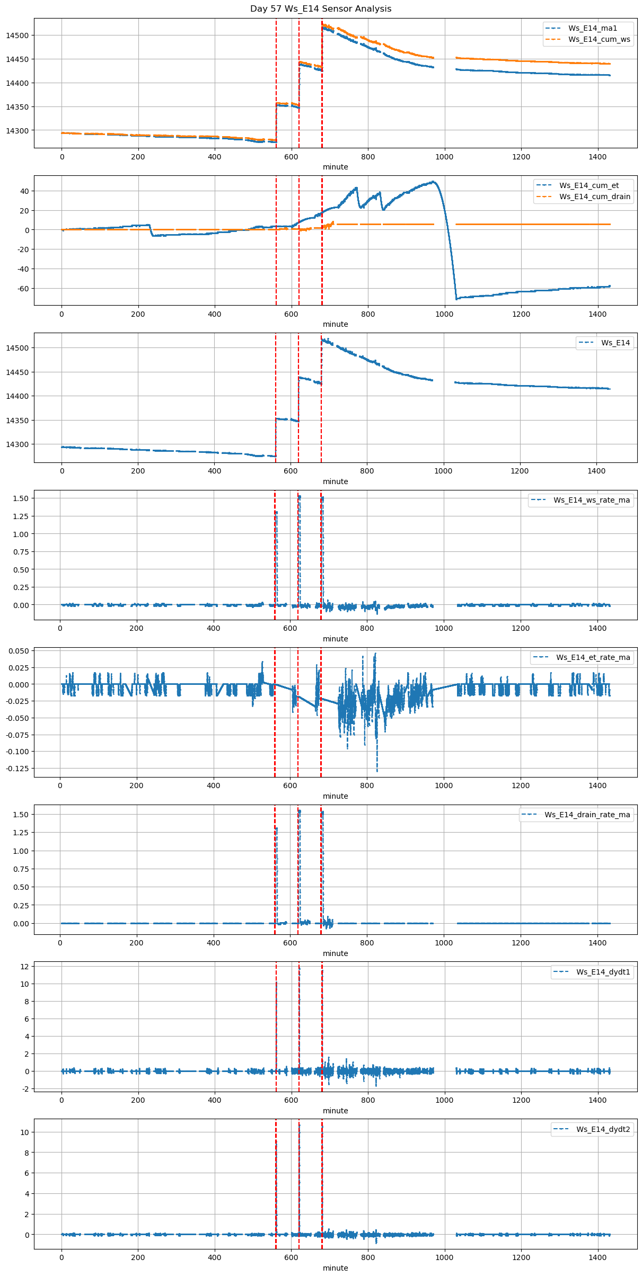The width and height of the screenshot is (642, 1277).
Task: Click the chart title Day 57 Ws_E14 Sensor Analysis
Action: point(321,9)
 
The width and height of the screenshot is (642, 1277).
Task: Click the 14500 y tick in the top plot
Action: point(17,35)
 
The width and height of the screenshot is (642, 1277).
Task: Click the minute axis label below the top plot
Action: point(336,167)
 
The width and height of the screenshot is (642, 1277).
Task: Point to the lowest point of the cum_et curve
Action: point(456,299)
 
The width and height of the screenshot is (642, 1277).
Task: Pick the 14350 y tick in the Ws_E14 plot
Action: point(17,421)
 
